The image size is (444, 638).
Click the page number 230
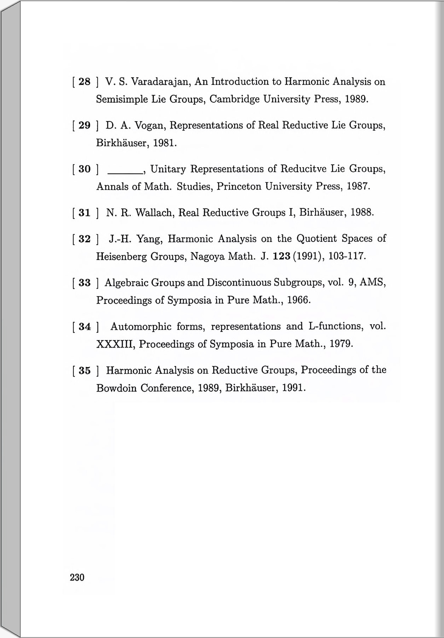[77, 577]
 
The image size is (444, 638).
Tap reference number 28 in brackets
[84, 82]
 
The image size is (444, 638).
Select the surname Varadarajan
[161, 82]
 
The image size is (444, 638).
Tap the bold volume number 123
[282, 256]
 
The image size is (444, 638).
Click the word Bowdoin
[116, 388]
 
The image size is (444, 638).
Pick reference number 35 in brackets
[84, 371]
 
